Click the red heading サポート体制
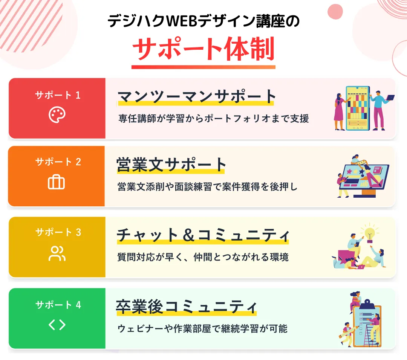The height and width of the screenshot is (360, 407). pyautogui.click(x=203, y=49)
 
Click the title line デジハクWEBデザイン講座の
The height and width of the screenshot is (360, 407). pyautogui.click(x=203, y=21)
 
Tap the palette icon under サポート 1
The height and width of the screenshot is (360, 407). pyautogui.click(x=57, y=114)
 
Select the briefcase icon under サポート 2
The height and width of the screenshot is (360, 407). pyautogui.click(x=57, y=182)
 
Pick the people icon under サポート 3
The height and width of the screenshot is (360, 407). pyautogui.click(x=57, y=253)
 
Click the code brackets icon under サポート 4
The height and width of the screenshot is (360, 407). pyautogui.click(x=57, y=325)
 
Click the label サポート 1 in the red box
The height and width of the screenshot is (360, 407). pyautogui.click(x=58, y=95)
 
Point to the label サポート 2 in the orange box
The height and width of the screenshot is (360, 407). pyautogui.click(x=58, y=162)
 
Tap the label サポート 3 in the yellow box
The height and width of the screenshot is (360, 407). pyautogui.click(x=58, y=232)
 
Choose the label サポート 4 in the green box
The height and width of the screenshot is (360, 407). pyautogui.click(x=58, y=305)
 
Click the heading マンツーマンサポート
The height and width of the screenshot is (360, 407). pyautogui.click(x=197, y=97)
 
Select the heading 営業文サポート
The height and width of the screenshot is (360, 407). pyautogui.click(x=171, y=165)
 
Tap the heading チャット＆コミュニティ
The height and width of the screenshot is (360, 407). pyautogui.click(x=203, y=235)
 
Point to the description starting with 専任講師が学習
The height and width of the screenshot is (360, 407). pyautogui.click(x=213, y=119)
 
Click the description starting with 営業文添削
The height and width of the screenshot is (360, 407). pyautogui.click(x=208, y=187)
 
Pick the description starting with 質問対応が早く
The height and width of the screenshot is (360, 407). pyautogui.click(x=203, y=258)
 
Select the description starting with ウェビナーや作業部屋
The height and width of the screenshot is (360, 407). pyautogui.click(x=203, y=329)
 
